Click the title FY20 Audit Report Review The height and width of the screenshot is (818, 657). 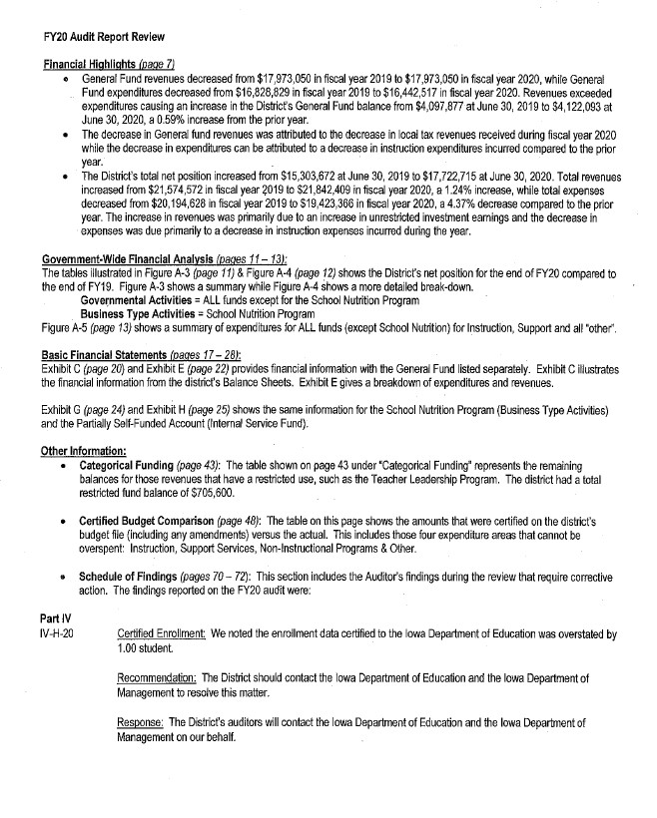click(x=90, y=37)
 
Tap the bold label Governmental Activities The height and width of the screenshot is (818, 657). click(x=137, y=300)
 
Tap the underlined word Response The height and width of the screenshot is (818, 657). click(x=140, y=719)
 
